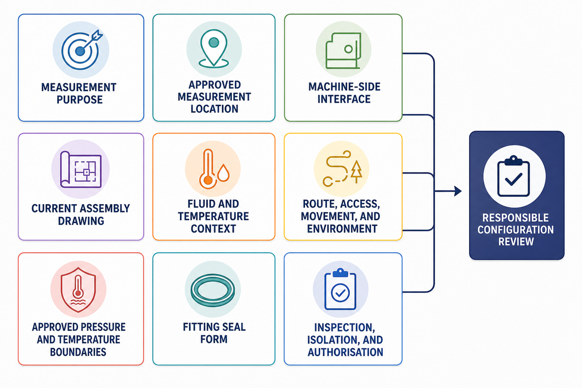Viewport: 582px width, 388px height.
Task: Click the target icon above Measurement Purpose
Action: click(x=81, y=50)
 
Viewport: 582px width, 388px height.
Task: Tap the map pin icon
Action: click(x=213, y=49)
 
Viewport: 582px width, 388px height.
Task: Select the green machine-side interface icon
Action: click(x=343, y=50)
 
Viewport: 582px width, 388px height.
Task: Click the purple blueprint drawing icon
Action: click(x=81, y=169)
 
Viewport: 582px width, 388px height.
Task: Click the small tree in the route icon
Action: click(x=356, y=172)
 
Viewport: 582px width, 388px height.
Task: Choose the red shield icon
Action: click(x=78, y=290)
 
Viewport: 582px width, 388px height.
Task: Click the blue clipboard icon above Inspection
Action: click(x=340, y=289)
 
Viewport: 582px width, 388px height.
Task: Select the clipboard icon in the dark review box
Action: click(x=514, y=176)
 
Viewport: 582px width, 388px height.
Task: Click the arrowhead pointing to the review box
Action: click(x=458, y=191)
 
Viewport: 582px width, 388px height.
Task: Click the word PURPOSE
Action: click(x=80, y=99)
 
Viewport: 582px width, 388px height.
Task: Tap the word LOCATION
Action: click(x=214, y=109)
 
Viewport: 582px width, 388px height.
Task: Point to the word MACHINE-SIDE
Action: click(x=344, y=87)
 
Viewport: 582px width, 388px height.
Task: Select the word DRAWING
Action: click(x=81, y=221)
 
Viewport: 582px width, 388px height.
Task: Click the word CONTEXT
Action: click(x=213, y=229)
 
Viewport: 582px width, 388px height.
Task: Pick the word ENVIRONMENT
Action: click(x=342, y=229)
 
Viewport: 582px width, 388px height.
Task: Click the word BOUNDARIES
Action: click(x=78, y=352)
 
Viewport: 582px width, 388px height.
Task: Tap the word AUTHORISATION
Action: click(x=345, y=352)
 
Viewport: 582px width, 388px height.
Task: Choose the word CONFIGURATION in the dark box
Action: click(x=516, y=230)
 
